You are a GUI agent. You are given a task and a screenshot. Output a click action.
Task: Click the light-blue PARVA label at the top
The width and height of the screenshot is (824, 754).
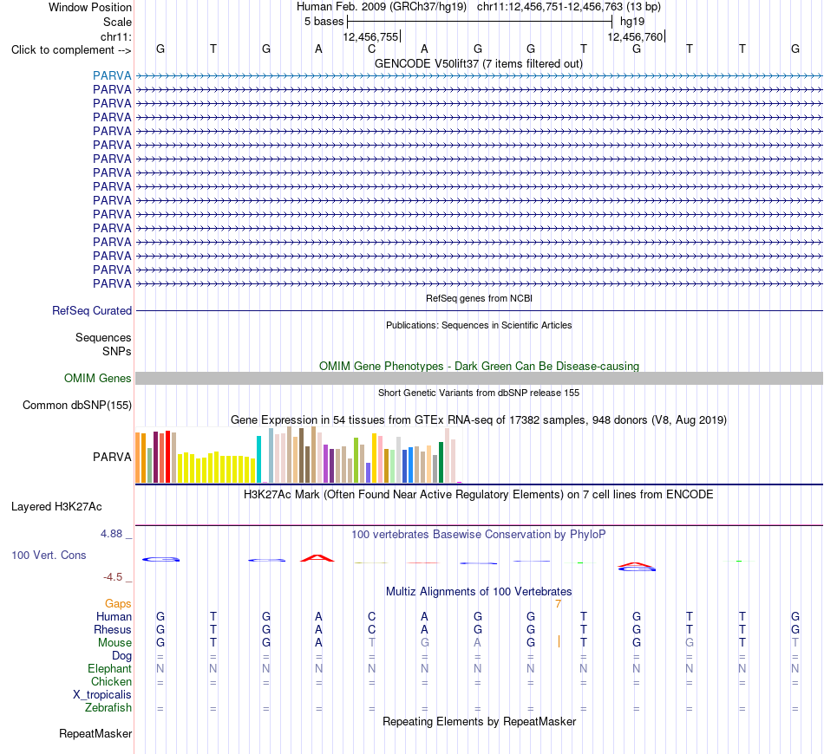(x=112, y=75)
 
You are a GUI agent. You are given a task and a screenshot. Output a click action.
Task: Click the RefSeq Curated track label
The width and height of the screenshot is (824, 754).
(x=92, y=310)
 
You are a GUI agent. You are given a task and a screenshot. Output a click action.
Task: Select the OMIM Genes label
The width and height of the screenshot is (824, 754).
(x=98, y=378)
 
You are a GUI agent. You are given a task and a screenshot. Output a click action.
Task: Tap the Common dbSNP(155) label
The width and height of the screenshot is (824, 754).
(x=77, y=405)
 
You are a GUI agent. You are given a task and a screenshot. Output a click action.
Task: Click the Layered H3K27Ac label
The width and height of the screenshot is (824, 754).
(x=56, y=507)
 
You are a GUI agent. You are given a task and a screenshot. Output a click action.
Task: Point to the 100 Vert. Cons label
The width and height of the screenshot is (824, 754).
(x=49, y=555)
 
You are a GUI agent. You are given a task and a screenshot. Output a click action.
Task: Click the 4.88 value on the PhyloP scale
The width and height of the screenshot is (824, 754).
(x=111, y=534)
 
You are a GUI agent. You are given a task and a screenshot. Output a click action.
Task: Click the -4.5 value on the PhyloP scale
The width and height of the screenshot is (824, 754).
(x=113, y=577)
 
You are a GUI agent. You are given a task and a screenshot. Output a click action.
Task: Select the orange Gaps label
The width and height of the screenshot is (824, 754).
(x=118, y=603)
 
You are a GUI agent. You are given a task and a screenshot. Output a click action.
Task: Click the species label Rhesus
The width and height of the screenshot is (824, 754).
(x=113, y=629)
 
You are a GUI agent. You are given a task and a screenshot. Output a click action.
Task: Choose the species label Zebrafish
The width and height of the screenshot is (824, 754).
(x=108, y=707)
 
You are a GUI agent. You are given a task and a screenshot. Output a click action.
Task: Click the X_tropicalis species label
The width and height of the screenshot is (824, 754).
(x=102, y=695)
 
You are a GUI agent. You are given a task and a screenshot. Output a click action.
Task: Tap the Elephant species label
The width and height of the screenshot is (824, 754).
(x=110, y=668)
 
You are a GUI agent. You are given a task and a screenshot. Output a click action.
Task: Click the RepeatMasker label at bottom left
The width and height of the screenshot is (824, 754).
(x=95, y=733)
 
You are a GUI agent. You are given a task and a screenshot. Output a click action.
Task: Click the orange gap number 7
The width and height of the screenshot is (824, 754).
(x=558, y=604)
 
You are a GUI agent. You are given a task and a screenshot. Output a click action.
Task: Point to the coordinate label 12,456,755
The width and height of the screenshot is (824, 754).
(x=370, y=36)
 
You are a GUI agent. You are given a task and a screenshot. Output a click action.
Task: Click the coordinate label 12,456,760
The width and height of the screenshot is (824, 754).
(x=635, y=36)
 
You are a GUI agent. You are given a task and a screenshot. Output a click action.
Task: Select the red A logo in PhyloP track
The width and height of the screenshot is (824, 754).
(x=317, y=557)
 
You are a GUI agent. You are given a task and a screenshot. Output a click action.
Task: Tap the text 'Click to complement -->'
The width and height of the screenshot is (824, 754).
(x=71, y=50)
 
